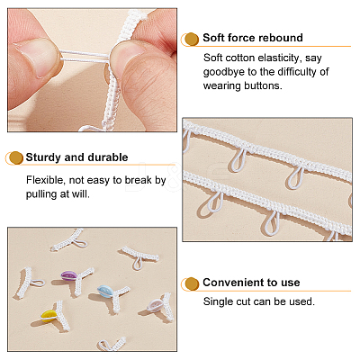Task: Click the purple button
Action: [x=68, y=275]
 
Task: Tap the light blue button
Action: [x=105, y=291]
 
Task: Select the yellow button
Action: [x=49, y=315]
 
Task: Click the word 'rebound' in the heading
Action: [x=281, y=38]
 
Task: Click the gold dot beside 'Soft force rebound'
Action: [x=191, y=40]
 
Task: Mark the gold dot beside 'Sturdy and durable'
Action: [x=16, y=157]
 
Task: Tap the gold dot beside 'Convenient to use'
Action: [x=192, y=283]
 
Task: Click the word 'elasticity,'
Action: [x=273, y=58]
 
